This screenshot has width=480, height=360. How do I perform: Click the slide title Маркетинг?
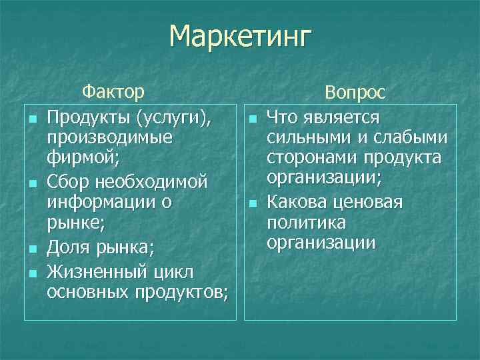(x=240, y=36)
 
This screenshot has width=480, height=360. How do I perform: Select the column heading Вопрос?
(x=355, y=94)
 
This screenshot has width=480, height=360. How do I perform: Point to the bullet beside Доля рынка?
(x=32, y=249)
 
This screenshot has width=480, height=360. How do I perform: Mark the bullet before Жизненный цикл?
(x=32, y=271)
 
